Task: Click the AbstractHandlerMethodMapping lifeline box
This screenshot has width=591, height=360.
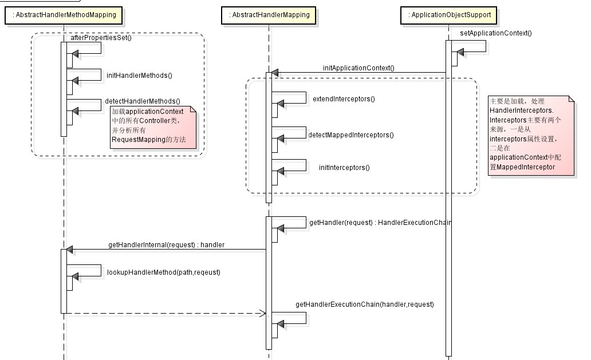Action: pos(64,15)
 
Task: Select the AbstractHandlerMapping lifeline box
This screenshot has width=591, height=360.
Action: pos(269,15)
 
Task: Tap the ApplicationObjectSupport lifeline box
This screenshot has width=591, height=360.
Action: pos(448,15)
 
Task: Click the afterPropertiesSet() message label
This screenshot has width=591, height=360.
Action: pos(101,38)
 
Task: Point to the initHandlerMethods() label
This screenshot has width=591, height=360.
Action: pos(139,76)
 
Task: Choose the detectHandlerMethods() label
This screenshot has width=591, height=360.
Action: pos(143,101)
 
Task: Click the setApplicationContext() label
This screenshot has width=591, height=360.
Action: pos(495,33)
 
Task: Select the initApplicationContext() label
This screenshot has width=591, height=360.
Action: pos(358,68)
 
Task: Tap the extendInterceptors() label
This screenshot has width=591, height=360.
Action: pos(344,98)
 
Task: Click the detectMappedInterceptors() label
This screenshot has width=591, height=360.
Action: pos(351,135)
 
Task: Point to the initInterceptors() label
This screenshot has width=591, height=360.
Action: pos(344,168)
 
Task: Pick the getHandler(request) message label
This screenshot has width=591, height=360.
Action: pos(380,222)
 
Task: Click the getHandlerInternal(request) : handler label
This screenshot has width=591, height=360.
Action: pos(166,245)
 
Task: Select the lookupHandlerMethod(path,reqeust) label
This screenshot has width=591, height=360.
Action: pos(164,272)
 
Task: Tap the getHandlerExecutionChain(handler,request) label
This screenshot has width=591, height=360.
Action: pos(364,304)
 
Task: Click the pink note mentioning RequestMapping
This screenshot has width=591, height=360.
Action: pos(153,127)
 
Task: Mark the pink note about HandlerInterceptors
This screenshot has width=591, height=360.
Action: pos(531,136)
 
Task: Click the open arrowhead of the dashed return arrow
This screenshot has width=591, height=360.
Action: pos(263,313)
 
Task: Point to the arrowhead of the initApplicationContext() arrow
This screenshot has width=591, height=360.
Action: pos(275,73)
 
